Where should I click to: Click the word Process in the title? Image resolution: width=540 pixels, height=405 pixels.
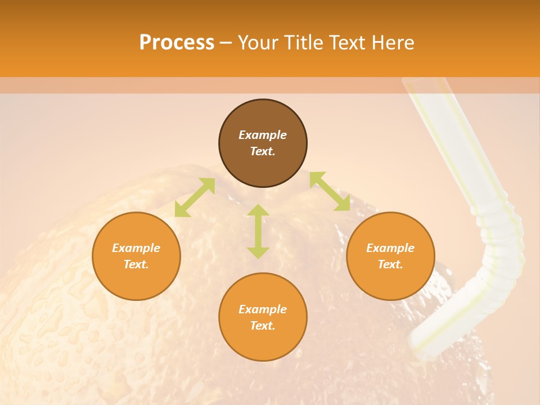177,43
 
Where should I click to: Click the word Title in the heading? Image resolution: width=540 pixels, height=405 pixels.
304,43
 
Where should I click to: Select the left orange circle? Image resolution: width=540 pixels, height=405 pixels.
136,276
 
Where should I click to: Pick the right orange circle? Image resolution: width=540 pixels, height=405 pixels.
390,276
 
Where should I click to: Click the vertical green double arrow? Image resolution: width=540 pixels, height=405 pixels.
258,231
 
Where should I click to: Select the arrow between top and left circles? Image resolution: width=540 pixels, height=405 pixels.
195,197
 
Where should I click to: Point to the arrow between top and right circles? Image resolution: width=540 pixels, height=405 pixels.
330,191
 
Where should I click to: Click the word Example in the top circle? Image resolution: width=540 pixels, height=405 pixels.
263,135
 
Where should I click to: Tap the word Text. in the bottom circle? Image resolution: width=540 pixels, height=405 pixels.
263,326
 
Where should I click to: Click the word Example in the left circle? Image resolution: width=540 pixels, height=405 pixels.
136,248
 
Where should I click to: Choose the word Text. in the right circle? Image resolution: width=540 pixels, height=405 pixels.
390,264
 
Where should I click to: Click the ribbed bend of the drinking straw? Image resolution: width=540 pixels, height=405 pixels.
498,236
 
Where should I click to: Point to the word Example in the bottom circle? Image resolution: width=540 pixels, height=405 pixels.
263,309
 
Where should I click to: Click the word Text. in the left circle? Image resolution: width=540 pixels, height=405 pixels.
136,264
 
